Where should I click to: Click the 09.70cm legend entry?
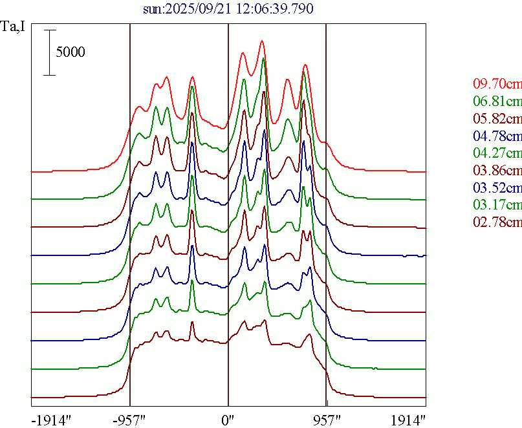[x=497, y=84]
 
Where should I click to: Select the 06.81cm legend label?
[x=497, y=102]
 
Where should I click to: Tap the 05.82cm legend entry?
[x=497, y=119]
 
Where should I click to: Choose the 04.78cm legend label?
[x=497, y=136]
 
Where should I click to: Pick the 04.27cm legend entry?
[x=497, y=154]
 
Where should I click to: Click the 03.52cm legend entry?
[x=497, y=188]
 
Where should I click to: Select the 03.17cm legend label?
[x=497, y=206]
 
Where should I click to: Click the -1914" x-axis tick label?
[x=50, y=418]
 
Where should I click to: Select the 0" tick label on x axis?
[x=228, y=418]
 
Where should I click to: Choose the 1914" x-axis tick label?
[x=408, y=418]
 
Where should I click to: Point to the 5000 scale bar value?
[x=70, y=52]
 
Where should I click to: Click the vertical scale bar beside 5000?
[x=50, y=52]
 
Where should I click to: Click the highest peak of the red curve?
[x=262, y=41]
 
